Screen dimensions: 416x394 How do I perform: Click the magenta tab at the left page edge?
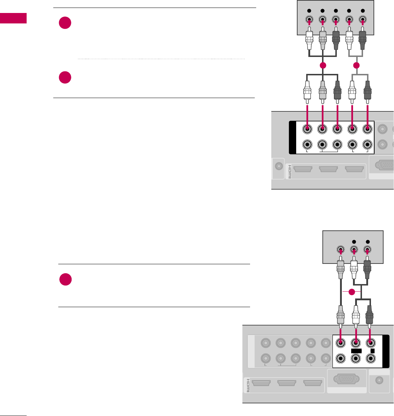tap(13, 18)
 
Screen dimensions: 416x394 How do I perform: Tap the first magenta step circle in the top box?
tap(65, 23)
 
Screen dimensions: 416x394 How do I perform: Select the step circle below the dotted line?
tap(65, 78)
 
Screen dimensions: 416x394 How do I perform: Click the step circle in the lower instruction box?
tap(65, 280)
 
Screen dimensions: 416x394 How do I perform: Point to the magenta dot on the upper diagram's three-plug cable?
tap(322, 66)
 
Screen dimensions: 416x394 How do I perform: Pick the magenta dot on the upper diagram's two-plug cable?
tap(356, 66)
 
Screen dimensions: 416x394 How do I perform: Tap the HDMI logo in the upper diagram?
tap(289, 171)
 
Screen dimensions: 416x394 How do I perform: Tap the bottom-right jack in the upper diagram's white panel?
tap(367, 145)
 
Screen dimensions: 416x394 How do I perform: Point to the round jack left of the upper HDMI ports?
tap(278, 166)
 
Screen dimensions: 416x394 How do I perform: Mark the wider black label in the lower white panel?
tap(355, 351)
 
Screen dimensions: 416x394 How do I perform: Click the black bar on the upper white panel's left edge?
tap(292, 137)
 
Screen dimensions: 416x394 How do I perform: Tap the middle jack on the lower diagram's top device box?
tap(354, 249)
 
